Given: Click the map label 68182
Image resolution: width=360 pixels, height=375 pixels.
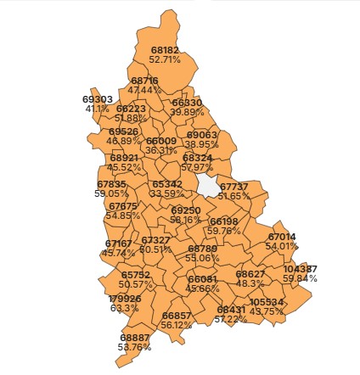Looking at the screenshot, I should tap(165, 51).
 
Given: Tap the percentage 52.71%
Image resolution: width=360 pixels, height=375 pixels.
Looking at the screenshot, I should tap(165, 60).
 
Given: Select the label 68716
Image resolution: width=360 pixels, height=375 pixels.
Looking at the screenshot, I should tap(144, 81).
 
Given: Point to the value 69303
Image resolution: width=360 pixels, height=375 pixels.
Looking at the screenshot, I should tap(98, 99).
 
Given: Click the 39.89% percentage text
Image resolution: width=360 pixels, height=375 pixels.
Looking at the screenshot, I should tap(187, 112).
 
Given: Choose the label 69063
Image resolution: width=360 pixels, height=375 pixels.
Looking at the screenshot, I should tap(202, 135).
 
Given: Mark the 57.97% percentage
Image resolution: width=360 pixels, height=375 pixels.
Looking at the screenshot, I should tap(198, 167).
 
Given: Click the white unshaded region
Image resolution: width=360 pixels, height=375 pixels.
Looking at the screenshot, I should tap(206, 185).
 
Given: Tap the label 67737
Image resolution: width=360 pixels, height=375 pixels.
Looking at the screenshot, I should tap(234, 187).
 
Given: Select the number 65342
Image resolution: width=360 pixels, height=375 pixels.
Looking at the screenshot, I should tap(166, 184).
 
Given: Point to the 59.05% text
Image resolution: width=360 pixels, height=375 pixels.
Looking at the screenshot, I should tap(111, 193).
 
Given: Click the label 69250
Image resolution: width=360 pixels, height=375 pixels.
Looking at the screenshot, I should tap(185, 210).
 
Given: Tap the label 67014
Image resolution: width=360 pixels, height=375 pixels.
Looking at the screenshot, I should tap(282, 237).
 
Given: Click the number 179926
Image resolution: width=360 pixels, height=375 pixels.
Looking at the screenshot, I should tap(125, 299).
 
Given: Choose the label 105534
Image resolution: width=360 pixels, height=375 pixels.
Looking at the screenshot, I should tap(267, 302).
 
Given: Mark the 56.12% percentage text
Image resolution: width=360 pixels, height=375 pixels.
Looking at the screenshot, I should tap(177, 325).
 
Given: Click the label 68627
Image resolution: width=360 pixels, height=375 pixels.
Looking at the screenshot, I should tap(250, 274).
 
